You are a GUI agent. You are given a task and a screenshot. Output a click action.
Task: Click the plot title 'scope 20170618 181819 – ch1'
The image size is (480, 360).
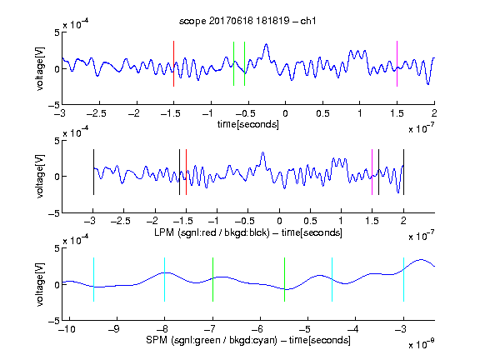(x=247, y=21)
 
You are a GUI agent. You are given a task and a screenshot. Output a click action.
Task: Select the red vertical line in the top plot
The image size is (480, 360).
(x=173, y=63)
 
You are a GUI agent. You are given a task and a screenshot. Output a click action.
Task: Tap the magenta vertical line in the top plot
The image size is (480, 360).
(x=397, y=63)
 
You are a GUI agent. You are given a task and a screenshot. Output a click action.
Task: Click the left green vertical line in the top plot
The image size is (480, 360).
(x=233, y=63)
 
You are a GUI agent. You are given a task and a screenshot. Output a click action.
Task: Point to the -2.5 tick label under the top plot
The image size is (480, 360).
(x=96, y=113)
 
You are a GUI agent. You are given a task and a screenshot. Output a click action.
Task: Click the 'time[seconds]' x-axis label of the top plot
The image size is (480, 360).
(x=248, y=124)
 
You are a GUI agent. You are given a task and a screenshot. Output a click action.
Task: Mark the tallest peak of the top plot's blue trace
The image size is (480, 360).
(x=267, y=44)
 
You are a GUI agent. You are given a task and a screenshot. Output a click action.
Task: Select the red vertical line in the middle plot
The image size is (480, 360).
(x=186, y=172)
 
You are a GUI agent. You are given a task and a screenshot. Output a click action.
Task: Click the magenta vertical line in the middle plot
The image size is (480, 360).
(x=372, y=172)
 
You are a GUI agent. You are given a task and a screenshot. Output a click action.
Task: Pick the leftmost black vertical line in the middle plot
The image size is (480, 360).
(x=93, y=172)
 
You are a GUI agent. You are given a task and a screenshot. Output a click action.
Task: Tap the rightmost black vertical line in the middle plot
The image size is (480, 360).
(x=403, y=172)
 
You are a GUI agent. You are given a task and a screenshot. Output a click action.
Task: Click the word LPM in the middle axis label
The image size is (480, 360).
(x=164, y=232)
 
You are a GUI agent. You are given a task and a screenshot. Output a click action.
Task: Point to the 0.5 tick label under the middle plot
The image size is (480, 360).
(x=310, y=221)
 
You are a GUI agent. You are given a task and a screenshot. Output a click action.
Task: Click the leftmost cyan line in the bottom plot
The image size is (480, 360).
(x=93, y=279)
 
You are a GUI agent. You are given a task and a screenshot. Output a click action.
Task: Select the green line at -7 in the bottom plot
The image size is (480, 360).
(x=212, y=279)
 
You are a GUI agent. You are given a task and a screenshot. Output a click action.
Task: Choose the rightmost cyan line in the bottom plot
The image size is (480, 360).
(x=403, y=279)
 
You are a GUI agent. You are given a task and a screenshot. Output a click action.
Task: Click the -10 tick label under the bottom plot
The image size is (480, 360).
(x=67, y=329)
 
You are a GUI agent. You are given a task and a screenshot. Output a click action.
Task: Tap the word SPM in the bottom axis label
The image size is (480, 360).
(x=157, y=340)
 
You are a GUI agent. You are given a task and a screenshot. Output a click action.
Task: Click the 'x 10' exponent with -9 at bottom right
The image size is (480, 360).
(x=421, y=343)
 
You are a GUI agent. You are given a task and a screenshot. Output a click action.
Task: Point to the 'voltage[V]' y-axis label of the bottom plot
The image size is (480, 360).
(x=40, y=284)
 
